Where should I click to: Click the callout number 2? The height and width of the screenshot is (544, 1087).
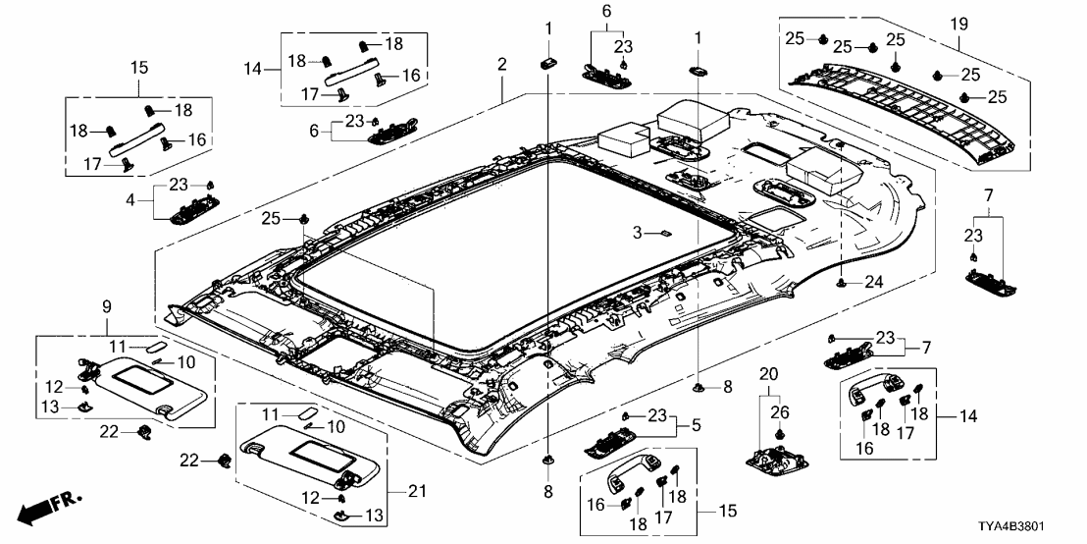(502, 65)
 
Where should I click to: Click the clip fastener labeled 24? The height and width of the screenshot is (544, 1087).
(843, 283)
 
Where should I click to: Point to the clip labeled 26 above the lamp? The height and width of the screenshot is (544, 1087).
(779, 433)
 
